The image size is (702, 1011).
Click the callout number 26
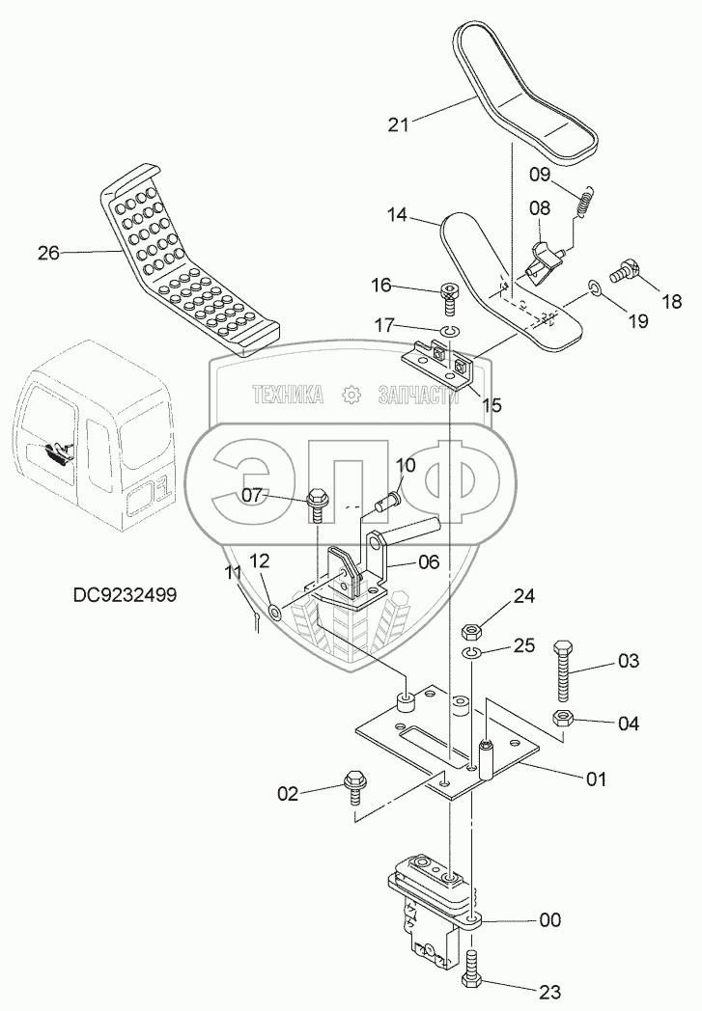(48, 254)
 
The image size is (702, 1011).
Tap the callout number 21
(399, 123)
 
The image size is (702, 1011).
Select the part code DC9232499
(125, 595)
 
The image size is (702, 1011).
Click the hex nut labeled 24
(474, 633)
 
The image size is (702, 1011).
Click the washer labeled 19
(596, 287)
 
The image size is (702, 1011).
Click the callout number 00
(549, 920)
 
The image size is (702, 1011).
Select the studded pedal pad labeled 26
(188, 260)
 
